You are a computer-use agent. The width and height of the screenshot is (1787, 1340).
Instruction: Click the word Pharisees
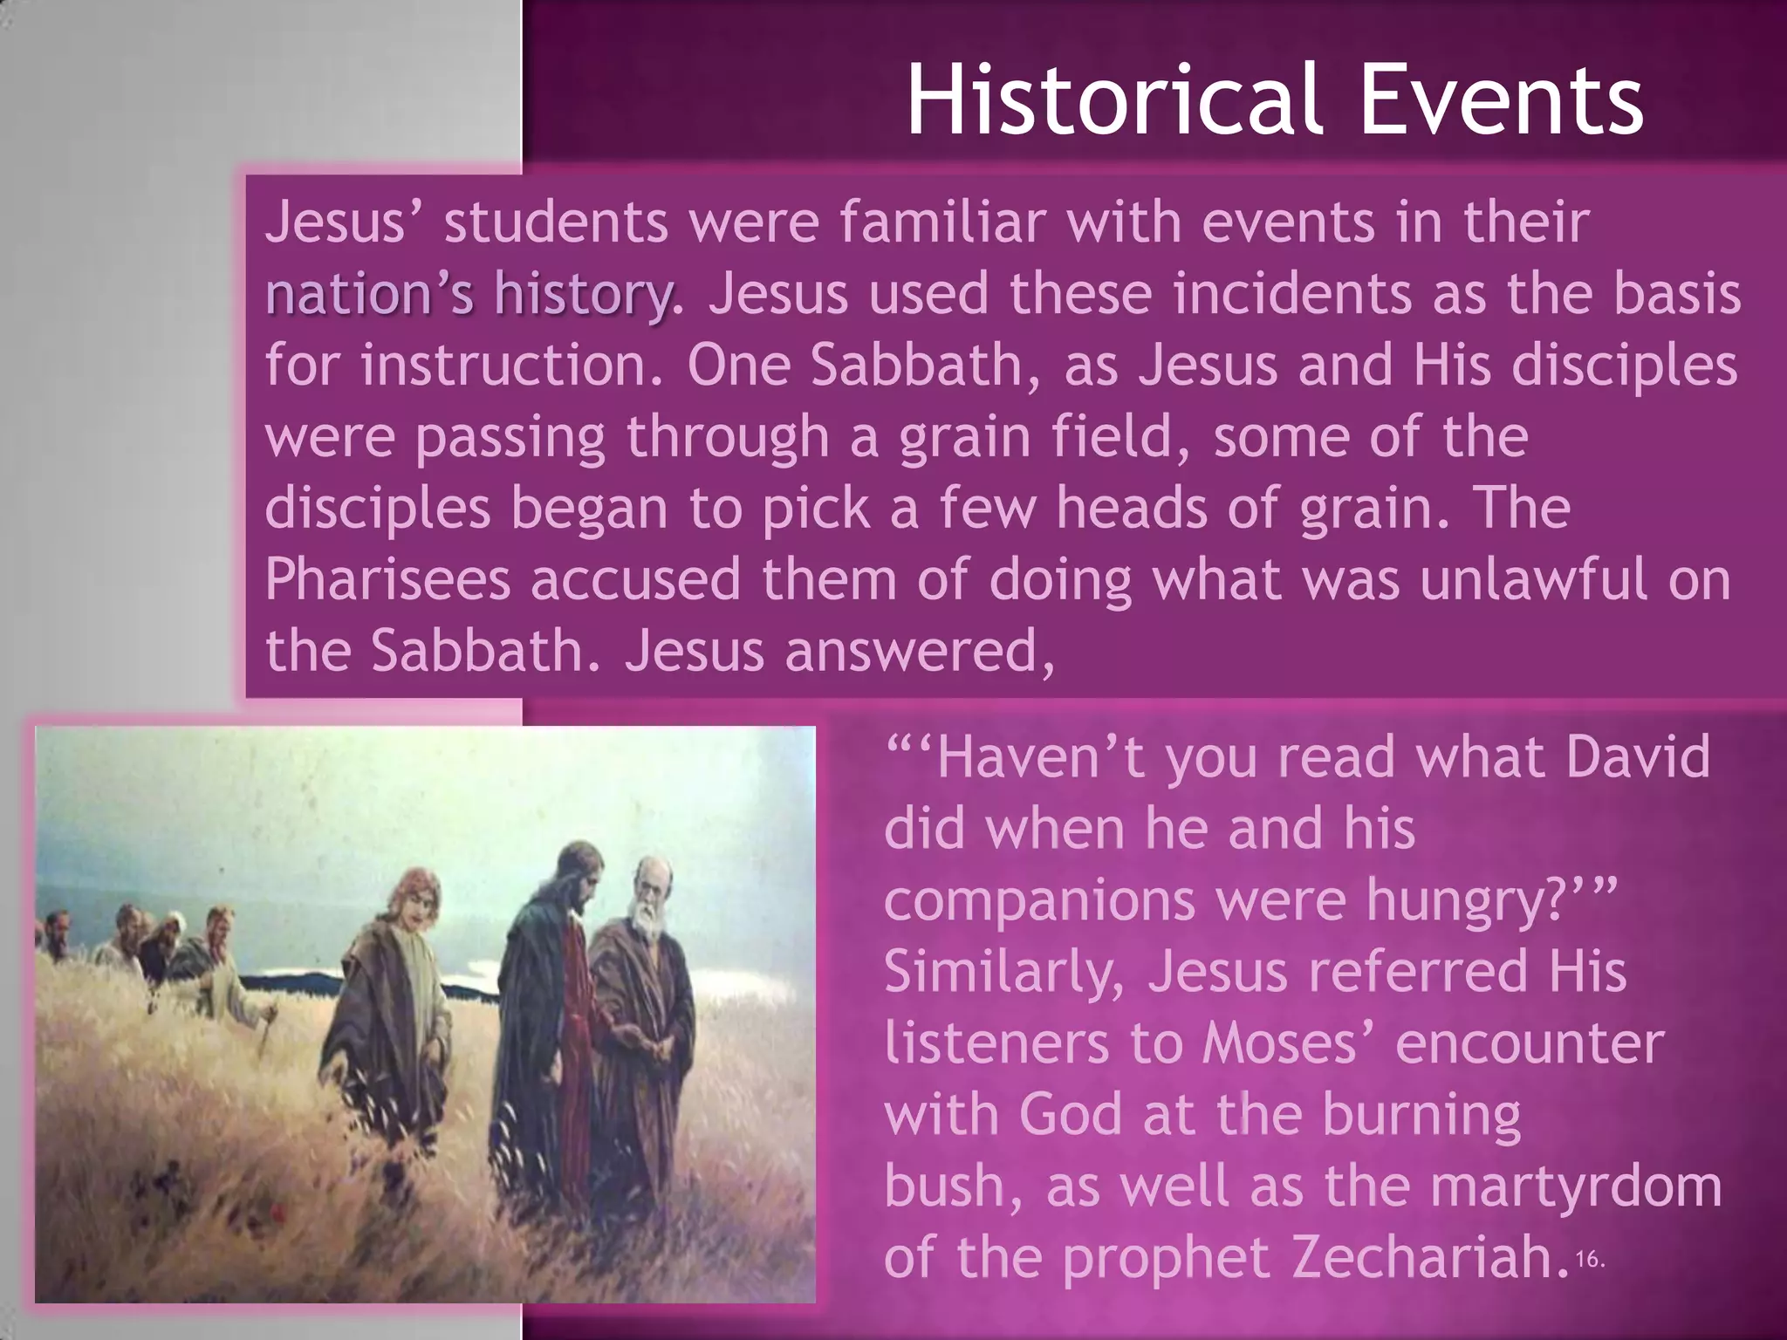point(387,579)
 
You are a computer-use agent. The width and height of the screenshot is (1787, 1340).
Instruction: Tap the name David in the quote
point(1637,756)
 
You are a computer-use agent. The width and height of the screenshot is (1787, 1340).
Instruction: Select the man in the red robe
point(558,1003)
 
